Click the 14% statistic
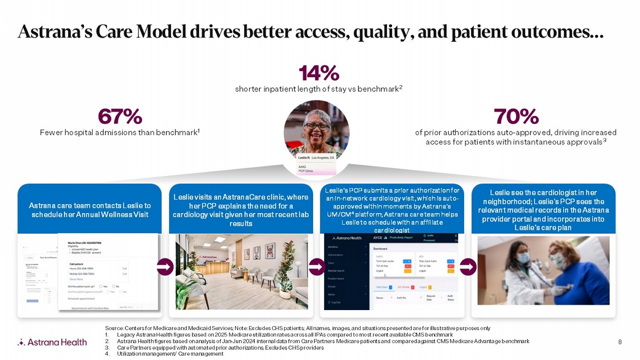pyautogui.click(x=319, y=73)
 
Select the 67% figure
pyautogui.click(x=120, y=116)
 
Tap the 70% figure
pyautogui.click(x=516, y=116)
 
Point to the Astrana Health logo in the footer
pyautogui.click(x=52, y=342)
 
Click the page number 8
pyautogui.click(x=620, y=342)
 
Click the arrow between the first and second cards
pyautogui.click(x=165, y=267)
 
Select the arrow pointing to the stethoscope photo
pyautogui.click(x=468, y=267)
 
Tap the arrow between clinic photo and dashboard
pyautogui.click(x=317, y=267)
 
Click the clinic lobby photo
pyautogui.click(x=241, y=271)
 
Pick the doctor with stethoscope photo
pyautogui.click(x=543, y=270)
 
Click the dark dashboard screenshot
pyautogui.click(x=391, y=271)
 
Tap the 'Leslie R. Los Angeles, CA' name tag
pyautogui.click(x=316, y=158)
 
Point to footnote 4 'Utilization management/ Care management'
pyautogui.click(x=170, y=354)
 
